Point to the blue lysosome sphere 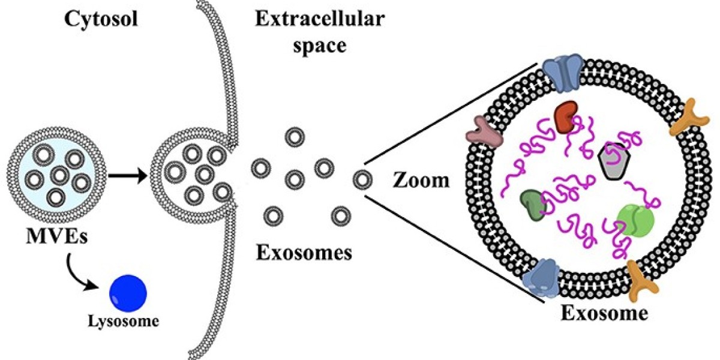127,292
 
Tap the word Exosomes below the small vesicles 304,253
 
